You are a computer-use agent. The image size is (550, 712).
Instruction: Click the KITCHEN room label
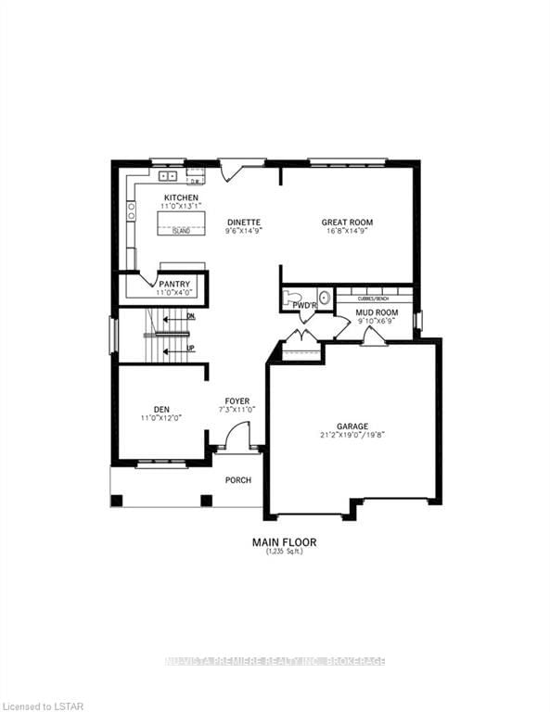tap(180, 198)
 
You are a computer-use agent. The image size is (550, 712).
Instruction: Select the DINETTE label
tap(243, 222)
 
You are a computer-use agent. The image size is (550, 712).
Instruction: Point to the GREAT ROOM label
tap(347, 222)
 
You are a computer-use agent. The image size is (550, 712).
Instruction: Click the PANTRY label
tap(173, 284)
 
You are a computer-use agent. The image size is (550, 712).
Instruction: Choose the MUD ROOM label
tap(377, 312)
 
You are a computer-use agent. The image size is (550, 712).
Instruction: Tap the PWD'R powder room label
tap(305, 304)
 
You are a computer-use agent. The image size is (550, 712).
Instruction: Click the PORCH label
tap(237, 479)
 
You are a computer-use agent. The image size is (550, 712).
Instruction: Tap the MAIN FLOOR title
tap(275, 541)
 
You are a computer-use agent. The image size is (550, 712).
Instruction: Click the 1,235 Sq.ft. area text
tap(275, 553)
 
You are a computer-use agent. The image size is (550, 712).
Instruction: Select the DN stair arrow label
tap(190, 316)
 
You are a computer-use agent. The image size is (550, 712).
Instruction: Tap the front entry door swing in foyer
tap(239, 436)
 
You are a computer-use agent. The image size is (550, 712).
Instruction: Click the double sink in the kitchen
tap(168, 175)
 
